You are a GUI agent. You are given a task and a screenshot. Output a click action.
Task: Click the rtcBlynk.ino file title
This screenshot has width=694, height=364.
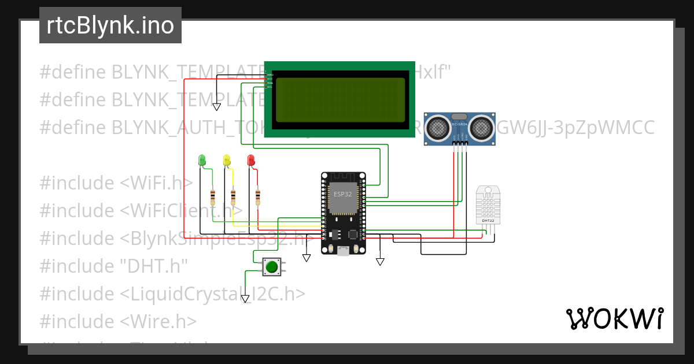(110, 25)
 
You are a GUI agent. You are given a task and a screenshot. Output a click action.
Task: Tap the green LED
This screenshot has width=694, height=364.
(202, 159)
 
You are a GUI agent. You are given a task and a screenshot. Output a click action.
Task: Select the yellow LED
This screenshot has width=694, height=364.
(226, 159)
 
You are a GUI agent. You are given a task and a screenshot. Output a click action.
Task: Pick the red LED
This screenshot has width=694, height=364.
(250, 159)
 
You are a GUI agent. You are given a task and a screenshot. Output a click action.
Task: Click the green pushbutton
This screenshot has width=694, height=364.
(271, 267)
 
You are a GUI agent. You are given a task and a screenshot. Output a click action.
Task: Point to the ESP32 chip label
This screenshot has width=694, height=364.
(342, 194)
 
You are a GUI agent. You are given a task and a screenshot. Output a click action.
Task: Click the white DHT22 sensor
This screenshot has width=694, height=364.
(488, 205)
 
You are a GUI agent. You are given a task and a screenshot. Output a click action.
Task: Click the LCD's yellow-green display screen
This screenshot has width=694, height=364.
(340, 100)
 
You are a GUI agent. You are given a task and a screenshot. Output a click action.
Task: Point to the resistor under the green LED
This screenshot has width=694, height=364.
(213, 196)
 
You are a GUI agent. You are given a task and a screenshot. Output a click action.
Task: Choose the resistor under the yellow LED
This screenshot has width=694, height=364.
(233, 196)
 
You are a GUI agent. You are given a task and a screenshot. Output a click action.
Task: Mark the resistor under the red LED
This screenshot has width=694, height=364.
(257, 196)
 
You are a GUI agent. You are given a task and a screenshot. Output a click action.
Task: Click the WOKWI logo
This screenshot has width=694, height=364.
(614, 318)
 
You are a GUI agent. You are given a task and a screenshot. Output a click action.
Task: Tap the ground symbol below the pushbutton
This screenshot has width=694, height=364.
(246, 299)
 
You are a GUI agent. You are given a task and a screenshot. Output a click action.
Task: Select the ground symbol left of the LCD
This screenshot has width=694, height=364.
(216, 107)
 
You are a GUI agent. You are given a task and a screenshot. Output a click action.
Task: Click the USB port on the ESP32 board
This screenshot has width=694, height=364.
(343, 250)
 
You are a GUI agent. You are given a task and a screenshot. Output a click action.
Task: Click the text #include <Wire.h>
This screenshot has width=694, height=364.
(118, 321)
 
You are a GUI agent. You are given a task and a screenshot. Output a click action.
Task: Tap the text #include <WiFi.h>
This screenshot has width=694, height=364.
(116, 183)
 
